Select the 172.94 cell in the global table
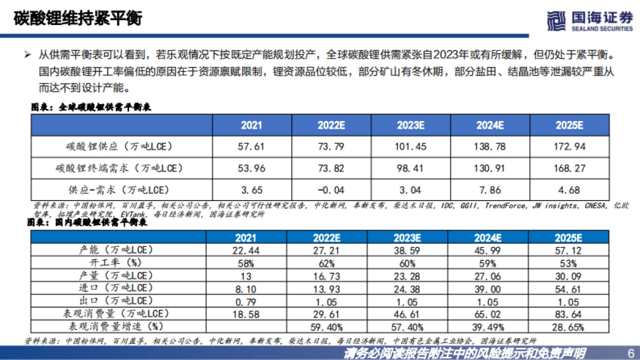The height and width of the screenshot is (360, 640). point(569,146)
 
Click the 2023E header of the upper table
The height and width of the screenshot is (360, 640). point(411,125)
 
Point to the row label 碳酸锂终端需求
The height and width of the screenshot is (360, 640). point(119,169)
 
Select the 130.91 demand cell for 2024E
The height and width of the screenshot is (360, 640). point(490,169)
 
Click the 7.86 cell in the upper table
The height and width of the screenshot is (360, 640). point(490,190)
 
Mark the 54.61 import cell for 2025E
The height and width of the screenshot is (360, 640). point(569,288)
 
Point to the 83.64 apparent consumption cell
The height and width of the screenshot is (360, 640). point(569,314)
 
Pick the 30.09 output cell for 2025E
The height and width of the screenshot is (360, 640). point(569,276)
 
